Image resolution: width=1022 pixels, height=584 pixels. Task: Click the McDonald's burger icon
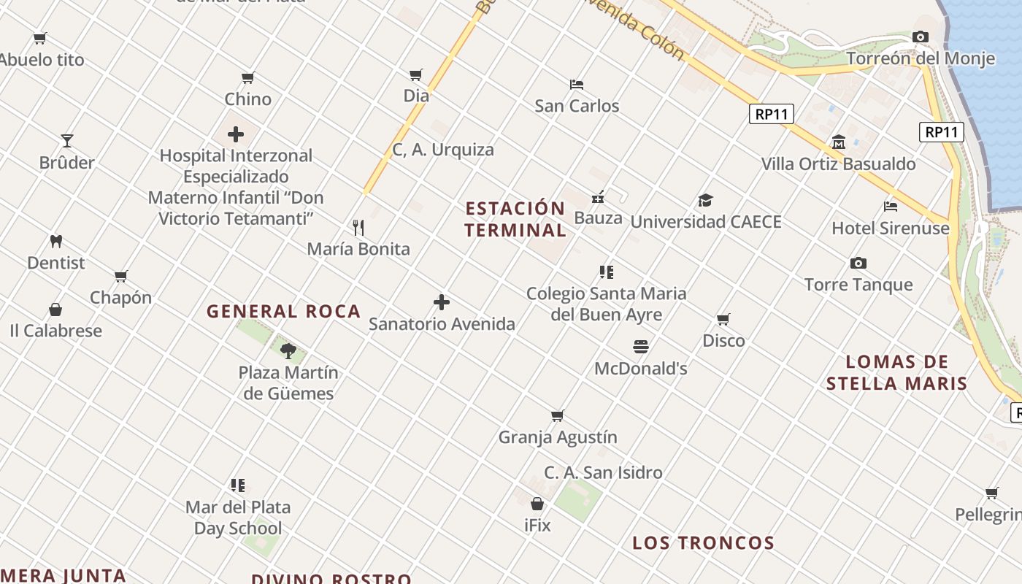point(641,346)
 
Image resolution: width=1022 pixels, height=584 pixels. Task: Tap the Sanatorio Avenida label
point(442,323)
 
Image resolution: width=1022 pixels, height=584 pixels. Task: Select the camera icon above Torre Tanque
point(858,263)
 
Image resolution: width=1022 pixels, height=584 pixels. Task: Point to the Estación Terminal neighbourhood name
point(515,219)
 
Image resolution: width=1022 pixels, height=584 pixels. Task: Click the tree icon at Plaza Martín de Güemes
point(288,350)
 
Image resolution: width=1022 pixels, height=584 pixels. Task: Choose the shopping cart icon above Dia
point(416,74)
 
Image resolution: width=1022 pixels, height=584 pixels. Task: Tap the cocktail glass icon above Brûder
point(67,140)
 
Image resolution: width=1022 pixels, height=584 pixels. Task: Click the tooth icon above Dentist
point(56,241)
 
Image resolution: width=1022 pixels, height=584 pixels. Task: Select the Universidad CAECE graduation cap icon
point(705,200)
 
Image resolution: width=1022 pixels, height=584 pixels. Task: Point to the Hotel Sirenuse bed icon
point(891,206)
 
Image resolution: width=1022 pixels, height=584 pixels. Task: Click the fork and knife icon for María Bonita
point(358,228)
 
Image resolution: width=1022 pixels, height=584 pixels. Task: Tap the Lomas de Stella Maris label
point(896,372)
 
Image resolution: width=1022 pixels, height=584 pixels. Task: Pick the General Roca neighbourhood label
point(284,312)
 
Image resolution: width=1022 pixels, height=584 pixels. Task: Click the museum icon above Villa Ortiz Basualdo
point(839,142)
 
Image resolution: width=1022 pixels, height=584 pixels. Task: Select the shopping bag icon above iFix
point(537,504)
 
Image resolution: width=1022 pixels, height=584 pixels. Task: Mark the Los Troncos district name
point(703,542)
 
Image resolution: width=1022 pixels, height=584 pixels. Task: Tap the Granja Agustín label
point(558,437)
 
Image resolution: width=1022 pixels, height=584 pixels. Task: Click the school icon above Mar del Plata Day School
point(238,485)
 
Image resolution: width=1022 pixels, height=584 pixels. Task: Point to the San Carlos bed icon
point(577,84)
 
